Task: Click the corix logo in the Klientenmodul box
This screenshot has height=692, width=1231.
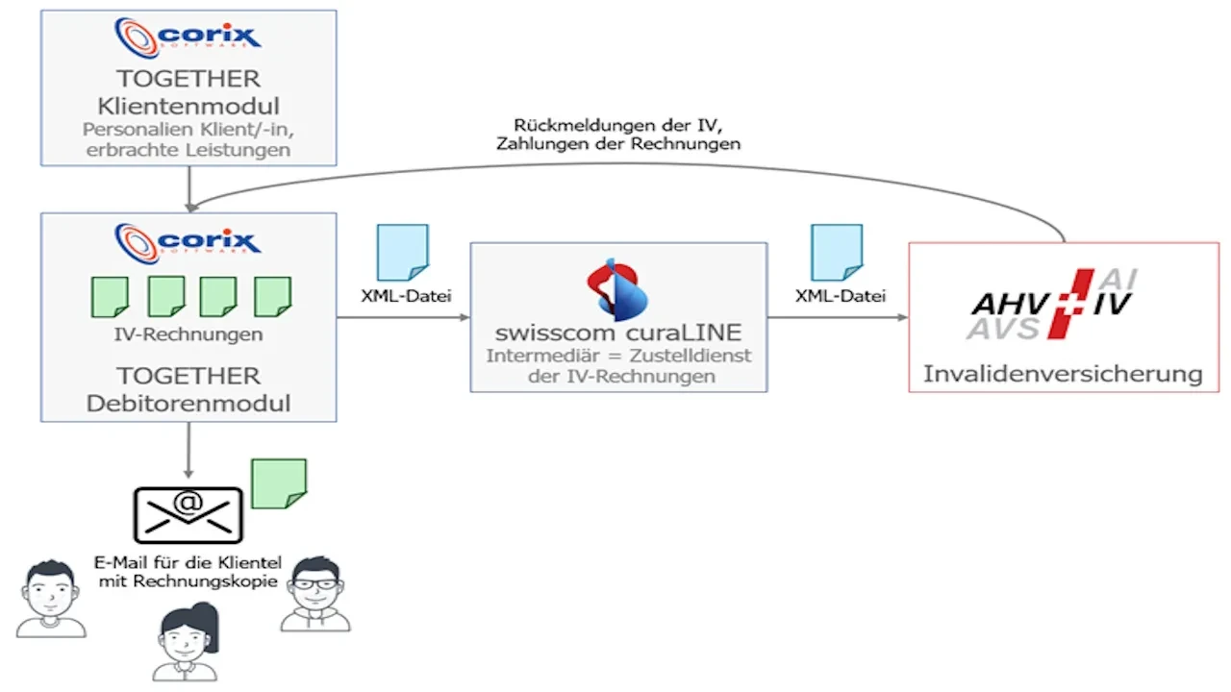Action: tap(188, 37)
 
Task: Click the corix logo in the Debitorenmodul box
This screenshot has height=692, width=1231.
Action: tap(188, 243)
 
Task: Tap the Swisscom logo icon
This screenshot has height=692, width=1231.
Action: tap(617, 290)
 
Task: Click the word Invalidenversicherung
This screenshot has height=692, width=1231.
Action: tap(1063, 374)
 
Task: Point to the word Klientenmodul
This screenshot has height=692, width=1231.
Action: tap(188, 106)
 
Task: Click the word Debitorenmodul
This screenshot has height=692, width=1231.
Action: tap(188, 403)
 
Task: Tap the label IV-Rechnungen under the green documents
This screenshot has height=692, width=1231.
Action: tap(188, 334)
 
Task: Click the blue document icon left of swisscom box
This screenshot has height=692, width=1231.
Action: tap(403, 253)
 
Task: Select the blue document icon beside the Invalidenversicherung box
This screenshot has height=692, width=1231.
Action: tap(837, 253)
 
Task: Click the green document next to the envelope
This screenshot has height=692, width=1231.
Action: tap(279, 483)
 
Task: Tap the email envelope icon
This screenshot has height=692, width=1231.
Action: tap(188, 515)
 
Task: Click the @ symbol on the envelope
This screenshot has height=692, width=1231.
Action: tap(188, 502)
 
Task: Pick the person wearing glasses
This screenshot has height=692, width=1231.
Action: tap(315, 594)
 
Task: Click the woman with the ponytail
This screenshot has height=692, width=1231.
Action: tap(187, 641)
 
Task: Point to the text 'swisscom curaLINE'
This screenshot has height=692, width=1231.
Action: tap(618, 333)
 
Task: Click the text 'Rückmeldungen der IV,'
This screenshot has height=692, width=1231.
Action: tap(618, 125)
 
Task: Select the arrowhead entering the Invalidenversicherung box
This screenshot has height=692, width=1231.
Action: tap(902, 317)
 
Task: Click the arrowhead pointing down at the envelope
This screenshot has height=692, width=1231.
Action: tap(188, 474)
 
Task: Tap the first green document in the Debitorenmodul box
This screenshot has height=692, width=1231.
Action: tap(110, 297)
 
